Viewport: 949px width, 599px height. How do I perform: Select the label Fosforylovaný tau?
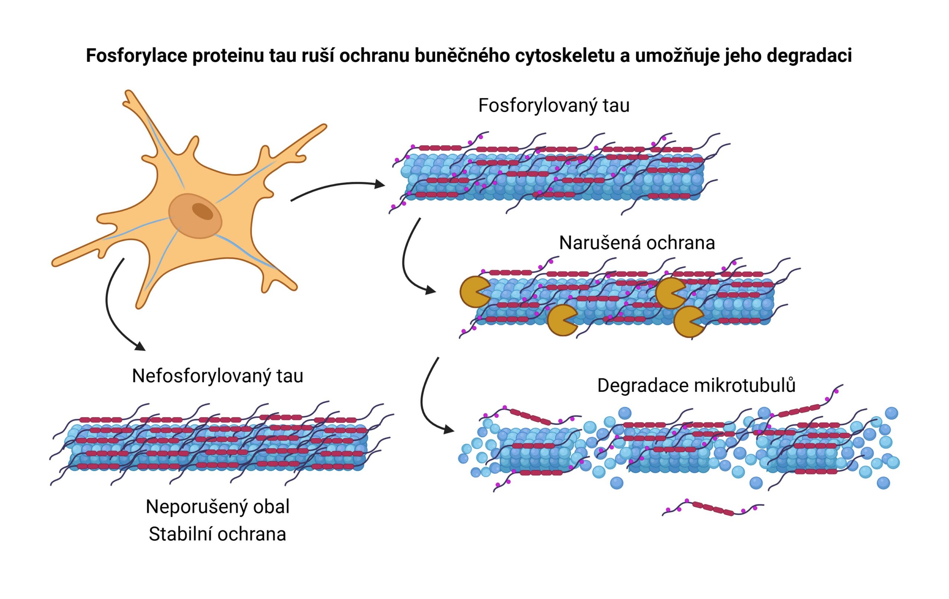click(554, 106)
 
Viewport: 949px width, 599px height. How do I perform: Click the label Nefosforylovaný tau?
click(218, 376)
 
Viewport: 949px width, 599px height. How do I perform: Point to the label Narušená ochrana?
click(637, 243)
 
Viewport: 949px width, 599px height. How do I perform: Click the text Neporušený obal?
click(218, 507)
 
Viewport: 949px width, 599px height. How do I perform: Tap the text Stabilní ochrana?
click(218, 535)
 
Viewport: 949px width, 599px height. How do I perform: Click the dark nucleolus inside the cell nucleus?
click(202, 211)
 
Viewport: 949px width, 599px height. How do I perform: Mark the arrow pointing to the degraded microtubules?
click(427, 398)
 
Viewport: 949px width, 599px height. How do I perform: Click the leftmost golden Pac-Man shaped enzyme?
click(474, 292)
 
